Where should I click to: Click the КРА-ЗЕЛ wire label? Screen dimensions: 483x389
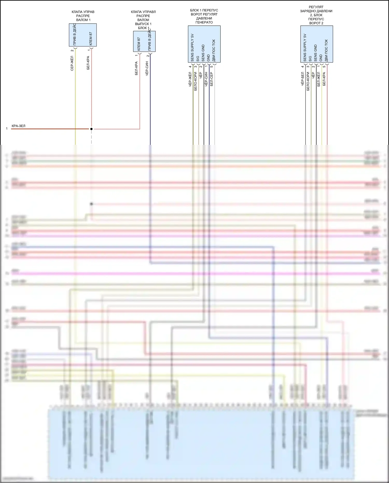coord(18,126)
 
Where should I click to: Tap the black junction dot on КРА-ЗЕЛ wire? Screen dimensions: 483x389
coord(91,129)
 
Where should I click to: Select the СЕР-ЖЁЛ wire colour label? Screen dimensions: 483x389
coord(72,63)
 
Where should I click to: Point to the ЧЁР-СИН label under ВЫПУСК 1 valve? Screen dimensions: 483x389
coord(147,69)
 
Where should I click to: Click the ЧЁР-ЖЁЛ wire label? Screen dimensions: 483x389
coord(190,79)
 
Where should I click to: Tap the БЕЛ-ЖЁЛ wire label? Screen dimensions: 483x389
coord(319,79)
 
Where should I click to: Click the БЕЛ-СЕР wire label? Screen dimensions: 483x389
coord(212,79)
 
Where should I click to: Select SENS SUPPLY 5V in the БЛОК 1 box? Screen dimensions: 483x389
coord(192,48)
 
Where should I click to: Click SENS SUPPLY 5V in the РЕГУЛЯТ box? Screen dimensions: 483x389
coord(305,48)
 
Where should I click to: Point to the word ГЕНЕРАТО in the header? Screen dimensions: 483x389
coord(204,22)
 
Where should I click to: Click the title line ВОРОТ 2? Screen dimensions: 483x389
coord(316,23)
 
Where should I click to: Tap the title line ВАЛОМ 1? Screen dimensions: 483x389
coord(83,20)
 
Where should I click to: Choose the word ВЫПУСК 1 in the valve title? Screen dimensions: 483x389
coord(143,24)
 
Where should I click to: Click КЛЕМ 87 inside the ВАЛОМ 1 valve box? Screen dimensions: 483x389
coord(91,39)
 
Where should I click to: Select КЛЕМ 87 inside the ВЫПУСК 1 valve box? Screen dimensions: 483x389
coord(139,44)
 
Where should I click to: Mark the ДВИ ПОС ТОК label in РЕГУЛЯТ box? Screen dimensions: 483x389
coord(326,51)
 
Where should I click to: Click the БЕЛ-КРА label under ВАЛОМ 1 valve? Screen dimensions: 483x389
coord(88,63)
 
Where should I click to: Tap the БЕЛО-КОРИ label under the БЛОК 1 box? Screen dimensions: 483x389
coord(196,81)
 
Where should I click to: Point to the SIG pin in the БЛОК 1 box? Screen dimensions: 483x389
coord(198,59)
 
